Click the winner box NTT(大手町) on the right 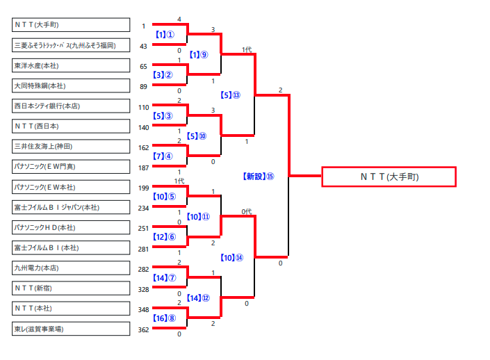click(x=389, y=177)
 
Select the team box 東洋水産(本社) click(x=71, y=65)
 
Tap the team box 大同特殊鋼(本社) click(x=71, y=85)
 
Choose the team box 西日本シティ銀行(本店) click(x=71, y=106)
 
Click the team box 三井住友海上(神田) click(x=71, y=147)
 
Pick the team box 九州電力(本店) click(x=71, y=268)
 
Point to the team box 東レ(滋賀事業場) click(x=71, y=328)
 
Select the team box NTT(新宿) click(x=71, y=288)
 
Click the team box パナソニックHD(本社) click(x=71, y=227)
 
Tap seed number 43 click(x=143, y=46)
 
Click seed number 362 click(x=143, y=329)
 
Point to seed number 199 click(x=143, y=188)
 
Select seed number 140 click(x=143, y=127)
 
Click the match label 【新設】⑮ click(x=259, y=177)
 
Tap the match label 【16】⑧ click(x=165, y=318)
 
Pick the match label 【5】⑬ click(x=230, y=95)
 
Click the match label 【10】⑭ click(x=231, y=257)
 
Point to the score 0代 click(x=247, y=211)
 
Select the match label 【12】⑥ click(x=165, y=237)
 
